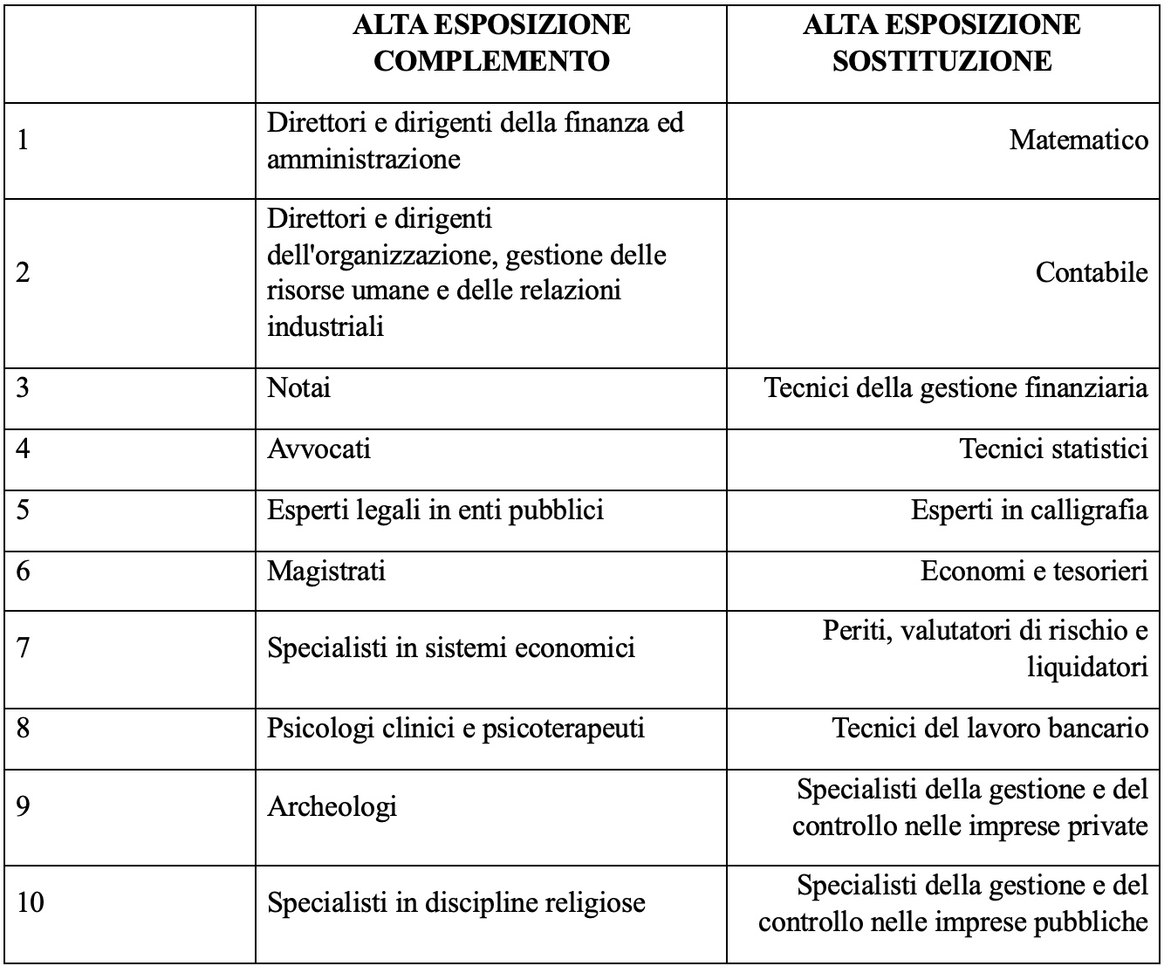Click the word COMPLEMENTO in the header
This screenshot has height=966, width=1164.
491,61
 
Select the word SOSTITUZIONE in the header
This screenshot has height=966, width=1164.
941,61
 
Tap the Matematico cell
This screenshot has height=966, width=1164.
1078,140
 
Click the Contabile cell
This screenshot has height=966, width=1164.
1091,272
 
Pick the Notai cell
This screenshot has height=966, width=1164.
298,387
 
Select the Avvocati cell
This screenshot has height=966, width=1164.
318,449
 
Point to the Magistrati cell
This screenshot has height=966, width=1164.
325,571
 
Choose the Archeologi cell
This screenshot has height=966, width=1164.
332,805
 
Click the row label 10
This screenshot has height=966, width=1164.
30,901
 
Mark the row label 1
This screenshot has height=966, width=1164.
24,140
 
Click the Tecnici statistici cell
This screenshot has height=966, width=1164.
1053,449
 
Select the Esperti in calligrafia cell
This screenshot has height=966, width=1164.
1029,510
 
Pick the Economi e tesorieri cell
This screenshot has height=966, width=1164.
1033,571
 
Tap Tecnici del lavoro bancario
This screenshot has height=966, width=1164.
989,727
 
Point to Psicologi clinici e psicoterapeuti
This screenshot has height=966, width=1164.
455,727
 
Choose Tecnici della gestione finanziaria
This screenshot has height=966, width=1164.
955,387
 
